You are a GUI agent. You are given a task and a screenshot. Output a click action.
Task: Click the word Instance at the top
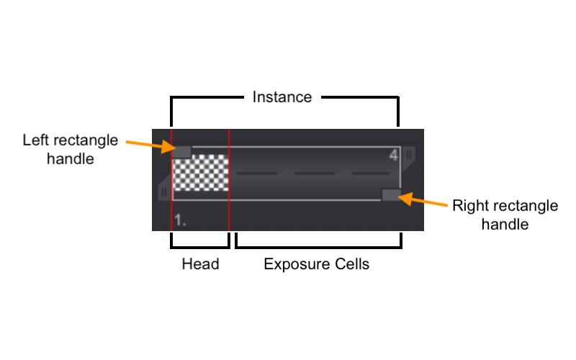pyautogui.click(x=282, y=96)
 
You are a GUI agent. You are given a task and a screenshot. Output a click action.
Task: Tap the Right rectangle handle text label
pyautogui.click(x=505, y=215)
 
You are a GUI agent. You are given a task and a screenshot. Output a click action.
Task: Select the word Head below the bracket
pyautogui.click(x=200, y=264)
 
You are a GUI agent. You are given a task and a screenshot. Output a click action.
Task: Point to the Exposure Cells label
pyautogui.click(x=316, y=264)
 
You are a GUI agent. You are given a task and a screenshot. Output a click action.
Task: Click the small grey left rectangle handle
pyautogui.click(x=181, y=151)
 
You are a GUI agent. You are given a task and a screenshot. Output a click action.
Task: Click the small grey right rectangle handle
pyautogui.click(x=391, y=194)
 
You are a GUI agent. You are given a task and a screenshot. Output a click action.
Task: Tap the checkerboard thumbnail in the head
pyautogui.click(x=202, y=172)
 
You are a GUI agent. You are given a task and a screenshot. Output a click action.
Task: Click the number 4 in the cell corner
pyautogui.click(x=393, y=156)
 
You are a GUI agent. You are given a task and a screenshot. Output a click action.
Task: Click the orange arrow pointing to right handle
pyautogui.click(x=425, y=199)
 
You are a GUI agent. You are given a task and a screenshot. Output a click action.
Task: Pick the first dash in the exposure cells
pyautogui.click(x=257, y=174)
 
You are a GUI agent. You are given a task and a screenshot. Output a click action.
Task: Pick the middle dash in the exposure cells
pyautogui.click(x=314, y=174)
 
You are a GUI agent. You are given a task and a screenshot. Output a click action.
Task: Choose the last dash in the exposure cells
pyautogui.click(x=370, y=174)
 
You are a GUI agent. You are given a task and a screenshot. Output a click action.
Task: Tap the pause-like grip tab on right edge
pyautogui.click(x=409, y=154)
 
